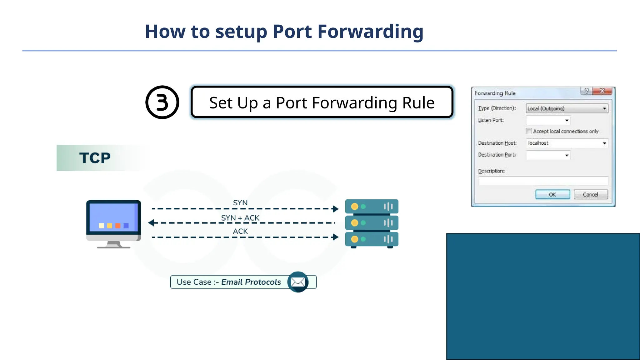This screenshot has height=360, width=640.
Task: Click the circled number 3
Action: pyautogui.click(x=162, y=102)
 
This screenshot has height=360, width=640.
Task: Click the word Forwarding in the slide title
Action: pyautogui.click(x=370, y=32)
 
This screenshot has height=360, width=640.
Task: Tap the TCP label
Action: pyautogui.click(x=95, y=158)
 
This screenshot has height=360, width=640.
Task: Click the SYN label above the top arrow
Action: pyautogui.click(x=240, y=203)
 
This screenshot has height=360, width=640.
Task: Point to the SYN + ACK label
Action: pyautogui.click(x=240, y=218)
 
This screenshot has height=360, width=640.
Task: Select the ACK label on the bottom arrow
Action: pyautogui.click(x=240, y=231)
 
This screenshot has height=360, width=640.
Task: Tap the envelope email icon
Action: pyautogui.click(x=298, y=282)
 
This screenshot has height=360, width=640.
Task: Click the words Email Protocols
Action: pyautogui.click(x=251, y=282)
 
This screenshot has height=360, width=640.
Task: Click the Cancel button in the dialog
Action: pyautogui.click(x=591, y=194)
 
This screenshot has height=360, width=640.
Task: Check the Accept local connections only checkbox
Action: pyautogui.click(x=529, y=131)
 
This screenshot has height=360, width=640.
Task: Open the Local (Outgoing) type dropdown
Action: pyautogui.click(x=567, y=108)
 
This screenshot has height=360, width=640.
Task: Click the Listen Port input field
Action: pyautogui.click(x=545, y=120)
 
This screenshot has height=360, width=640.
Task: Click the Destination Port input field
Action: pyautogui.click(x=545, y=155)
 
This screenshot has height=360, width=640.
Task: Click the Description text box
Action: pyautogui.click(x=543, y=181)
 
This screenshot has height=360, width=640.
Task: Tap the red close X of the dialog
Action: pyautogui.click(x=602, y=91)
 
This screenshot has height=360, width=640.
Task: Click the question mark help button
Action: pyautogui.click(x=586, y=91)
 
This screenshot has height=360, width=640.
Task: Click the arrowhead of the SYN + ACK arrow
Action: pyautogui.click(x=151, y=223)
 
